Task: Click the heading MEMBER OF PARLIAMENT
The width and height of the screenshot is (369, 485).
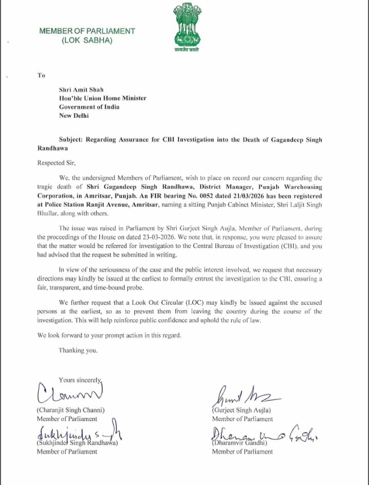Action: click(87, 31)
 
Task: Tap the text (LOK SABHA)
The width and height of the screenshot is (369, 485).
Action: click(87, 40)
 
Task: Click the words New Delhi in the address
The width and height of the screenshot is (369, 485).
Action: click(74, 115)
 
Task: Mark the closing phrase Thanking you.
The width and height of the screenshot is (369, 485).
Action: click(78, 350)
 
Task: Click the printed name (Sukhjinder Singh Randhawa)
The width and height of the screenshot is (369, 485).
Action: click(77, 442)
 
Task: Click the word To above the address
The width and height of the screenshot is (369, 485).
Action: click(41, 75)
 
